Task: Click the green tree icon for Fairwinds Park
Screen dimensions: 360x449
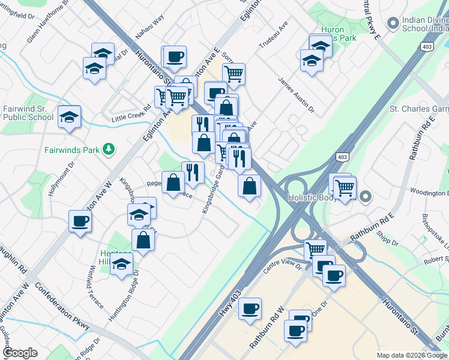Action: (109, 148)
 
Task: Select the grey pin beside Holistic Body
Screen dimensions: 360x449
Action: (367, 196)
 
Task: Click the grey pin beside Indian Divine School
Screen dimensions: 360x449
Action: (393, 23)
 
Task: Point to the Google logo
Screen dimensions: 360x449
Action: (20, 353)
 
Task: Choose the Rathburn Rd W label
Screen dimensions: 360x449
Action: (267, 327)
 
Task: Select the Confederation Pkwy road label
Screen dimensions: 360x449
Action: (62, 305)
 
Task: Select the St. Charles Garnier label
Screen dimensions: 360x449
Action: (419, 109)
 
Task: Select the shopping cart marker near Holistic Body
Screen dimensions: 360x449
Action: (345, 187)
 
